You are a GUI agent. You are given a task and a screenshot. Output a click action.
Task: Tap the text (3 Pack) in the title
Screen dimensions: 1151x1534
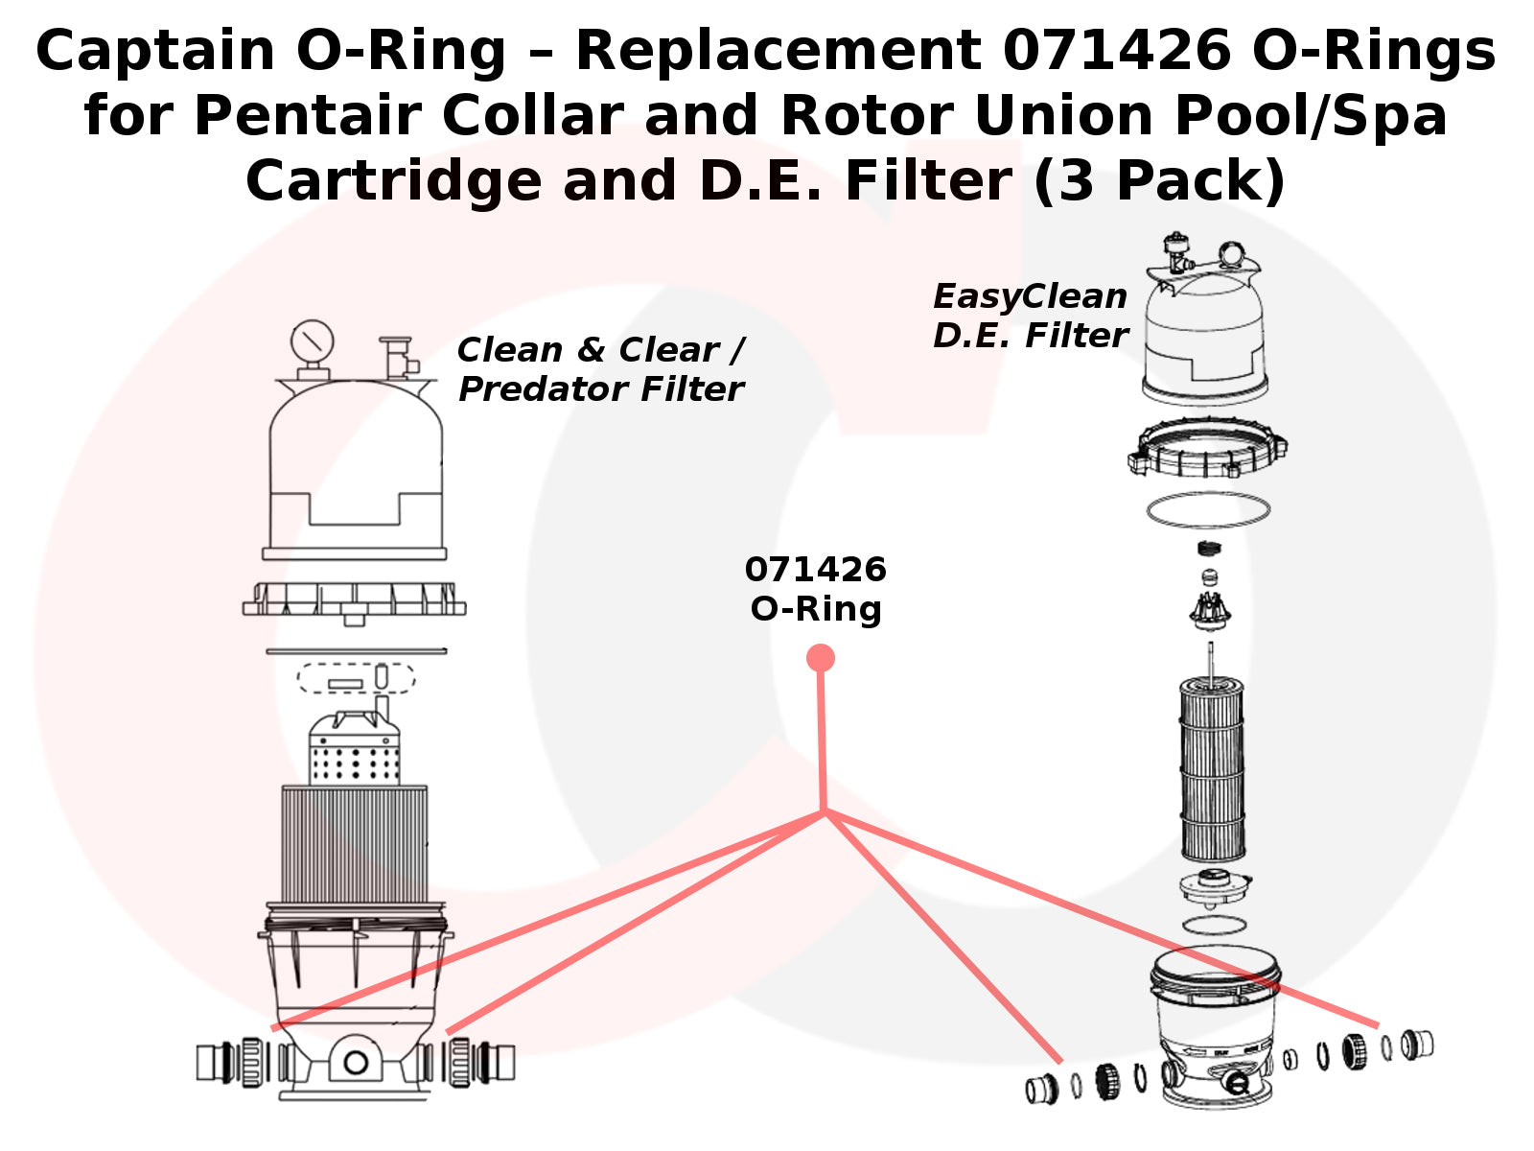pyautogui.click(x=1159, y=180)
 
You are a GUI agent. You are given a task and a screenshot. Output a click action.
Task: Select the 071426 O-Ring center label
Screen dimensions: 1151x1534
pyautogui.click(x=816, y=589)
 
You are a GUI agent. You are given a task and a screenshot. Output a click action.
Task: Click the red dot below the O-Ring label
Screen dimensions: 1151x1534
pyautogui.click(x=820, y=658)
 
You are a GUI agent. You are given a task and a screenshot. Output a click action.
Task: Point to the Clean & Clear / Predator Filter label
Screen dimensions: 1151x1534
pyautogui.click(x=600, y=369)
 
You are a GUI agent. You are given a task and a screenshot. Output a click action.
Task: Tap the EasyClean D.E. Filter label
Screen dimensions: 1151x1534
pyautogui.click(x=1030, y=316)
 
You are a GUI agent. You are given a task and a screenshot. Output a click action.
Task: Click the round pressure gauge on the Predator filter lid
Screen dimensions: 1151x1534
pyautogui.click(x=312, y=341)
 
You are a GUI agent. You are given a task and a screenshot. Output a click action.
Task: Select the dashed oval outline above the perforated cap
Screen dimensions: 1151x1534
pyautogui.click(x=356, y=678)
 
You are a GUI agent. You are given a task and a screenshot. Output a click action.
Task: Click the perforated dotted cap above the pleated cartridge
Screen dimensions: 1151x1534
pyautogui.click(x=354, y=755)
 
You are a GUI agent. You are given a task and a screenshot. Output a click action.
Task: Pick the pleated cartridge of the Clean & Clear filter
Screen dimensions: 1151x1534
pyautogui.click(x=354, y=844)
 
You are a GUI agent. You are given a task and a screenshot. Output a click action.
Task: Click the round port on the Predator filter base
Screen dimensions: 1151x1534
pyautogui.click(x=356, y=1062)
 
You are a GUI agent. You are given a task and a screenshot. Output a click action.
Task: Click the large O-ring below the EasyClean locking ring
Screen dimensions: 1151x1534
pyautogui.click(x=1208, y=509)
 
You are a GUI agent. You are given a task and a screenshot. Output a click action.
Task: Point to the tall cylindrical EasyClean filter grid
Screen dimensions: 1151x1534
pyautogui.click(x=1212, y=767)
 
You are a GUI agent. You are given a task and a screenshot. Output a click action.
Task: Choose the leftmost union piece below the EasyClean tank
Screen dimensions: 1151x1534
pyautogui.click(x=1041, y=1089)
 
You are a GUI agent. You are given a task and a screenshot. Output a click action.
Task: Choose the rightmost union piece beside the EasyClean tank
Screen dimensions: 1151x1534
pyautogui.click(x=1417, y=1043)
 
